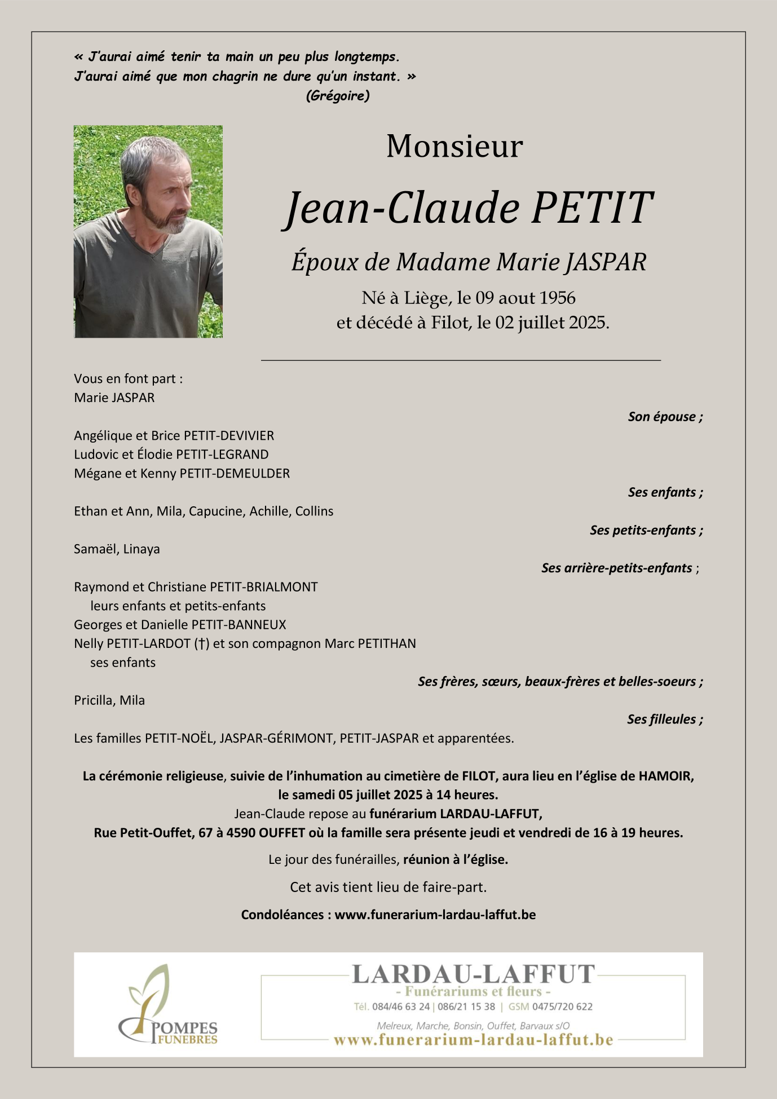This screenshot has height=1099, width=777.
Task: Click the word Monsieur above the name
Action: [454, 147]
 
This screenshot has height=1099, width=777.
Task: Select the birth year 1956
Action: [557, 298]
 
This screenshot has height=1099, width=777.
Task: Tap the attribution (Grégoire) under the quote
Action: [338, 96]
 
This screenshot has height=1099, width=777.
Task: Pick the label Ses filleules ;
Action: [665, 719]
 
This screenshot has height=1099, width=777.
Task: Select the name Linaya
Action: [142, 549]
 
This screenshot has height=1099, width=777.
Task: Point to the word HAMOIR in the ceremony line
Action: [665, 776]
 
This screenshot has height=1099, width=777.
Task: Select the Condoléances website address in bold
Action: [435, 915]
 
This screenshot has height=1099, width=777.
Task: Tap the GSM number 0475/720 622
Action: [562, 1007]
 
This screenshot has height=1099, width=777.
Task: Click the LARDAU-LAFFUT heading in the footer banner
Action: [473, 974]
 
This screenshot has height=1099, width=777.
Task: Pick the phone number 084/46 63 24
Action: [401, 1007]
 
